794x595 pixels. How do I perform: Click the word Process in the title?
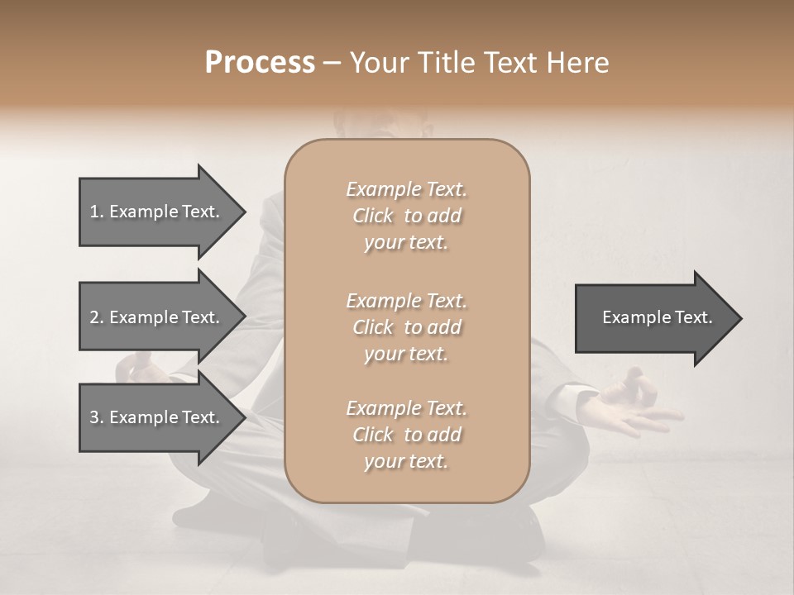pyautogui.click(x=260, y=63)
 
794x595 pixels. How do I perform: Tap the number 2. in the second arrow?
pyautogui.click(x=97, y=317)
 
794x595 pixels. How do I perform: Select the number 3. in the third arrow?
pyautogui.click(x=97, y=417)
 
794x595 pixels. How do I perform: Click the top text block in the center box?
pyautogui.click(x=406, y=216)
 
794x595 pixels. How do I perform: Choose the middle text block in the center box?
pyautogui.click(x=406, y=327)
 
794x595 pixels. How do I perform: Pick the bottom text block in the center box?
pyautogui.click(x=406, y=435)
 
